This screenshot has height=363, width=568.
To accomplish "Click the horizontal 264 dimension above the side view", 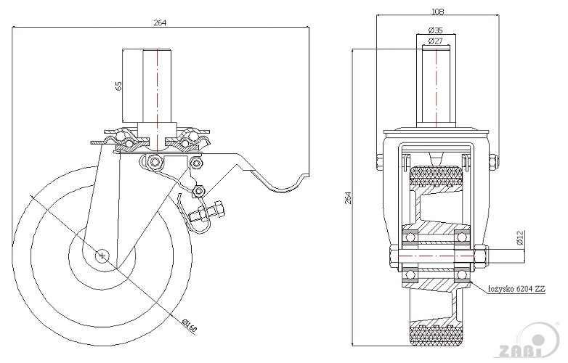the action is tap(160, 23).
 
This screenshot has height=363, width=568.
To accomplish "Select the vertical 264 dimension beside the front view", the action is tap(348, 197).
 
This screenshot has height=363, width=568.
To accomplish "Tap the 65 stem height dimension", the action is tap(118, 86).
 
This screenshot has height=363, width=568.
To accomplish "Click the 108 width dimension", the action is tap(437, 11).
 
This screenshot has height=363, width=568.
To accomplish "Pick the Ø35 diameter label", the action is tap(435, 30).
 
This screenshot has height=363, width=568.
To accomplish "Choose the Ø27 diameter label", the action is tap(435, 41).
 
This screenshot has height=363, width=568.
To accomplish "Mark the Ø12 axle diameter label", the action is tap(521, 237).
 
